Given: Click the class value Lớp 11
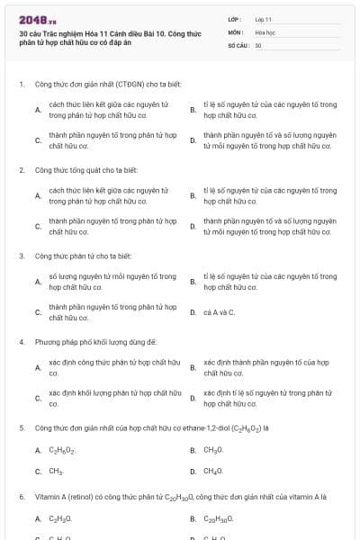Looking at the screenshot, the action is click(263, 18).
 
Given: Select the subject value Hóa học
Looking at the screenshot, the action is click(264, 31).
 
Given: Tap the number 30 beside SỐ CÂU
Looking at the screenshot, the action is click(258, 44).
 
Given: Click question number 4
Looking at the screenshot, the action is click(21, 342).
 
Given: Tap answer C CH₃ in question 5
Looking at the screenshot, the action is click(55, 471).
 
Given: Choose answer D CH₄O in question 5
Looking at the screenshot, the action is click(213, 471).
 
